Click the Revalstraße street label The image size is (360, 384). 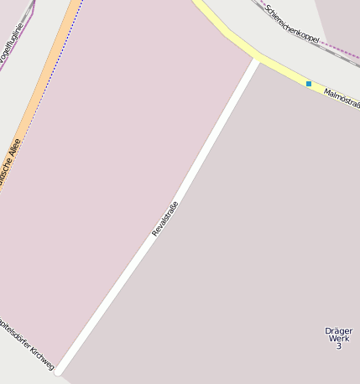tap(165, 218)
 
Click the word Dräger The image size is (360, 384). tap(338, 330)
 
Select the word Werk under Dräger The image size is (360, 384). tap(338, 338)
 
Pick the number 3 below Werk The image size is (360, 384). tap(338, 346)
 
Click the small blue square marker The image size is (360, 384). tap(309, 84)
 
